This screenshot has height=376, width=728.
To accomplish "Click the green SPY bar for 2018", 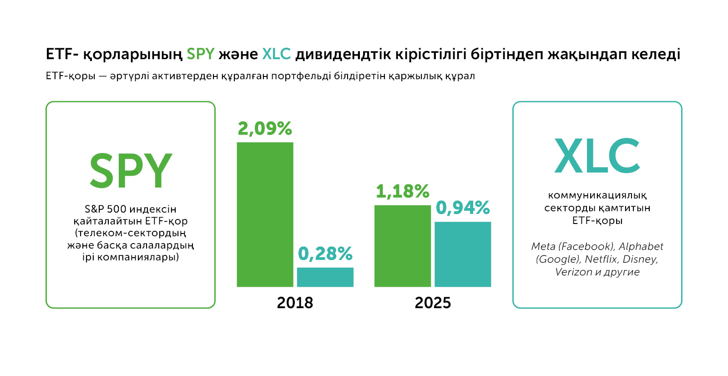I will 265,214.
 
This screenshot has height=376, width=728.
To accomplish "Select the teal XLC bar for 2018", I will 325,277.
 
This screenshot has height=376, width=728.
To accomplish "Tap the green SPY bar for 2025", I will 402,246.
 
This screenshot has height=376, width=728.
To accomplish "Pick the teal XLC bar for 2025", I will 463,254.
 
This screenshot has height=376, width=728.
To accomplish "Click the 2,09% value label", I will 265,129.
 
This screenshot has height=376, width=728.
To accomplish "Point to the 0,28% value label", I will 325,254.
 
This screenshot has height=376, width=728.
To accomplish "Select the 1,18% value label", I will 402,192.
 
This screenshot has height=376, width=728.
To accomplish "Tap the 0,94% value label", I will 463,208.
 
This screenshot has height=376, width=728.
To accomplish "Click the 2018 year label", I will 295,303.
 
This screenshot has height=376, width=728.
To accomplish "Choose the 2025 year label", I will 433,303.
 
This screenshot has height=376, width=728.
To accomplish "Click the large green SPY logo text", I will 131,171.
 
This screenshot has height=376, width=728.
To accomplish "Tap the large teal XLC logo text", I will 597,156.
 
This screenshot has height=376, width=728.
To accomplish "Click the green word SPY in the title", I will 200,54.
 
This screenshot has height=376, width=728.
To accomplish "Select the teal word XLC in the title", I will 276,54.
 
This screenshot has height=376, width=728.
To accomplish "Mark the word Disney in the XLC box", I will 640,259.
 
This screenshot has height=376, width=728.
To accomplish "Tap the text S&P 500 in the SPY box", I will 105,209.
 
